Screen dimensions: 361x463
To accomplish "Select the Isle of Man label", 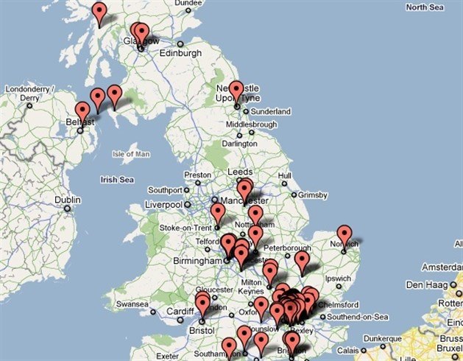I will [x=131, y=154].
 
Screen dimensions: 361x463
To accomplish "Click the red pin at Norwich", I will [x=344, y=235].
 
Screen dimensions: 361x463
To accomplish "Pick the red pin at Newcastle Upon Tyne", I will [x=236, y=91].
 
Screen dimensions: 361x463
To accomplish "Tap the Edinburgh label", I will [x=180, y=53].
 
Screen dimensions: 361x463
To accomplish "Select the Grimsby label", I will [x=311, y=195].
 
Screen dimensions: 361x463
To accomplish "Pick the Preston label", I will [x=197, y=175].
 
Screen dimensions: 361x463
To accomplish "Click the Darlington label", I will [x=240, y=144].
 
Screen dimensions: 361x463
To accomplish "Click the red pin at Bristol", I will [x=202, y=302].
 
